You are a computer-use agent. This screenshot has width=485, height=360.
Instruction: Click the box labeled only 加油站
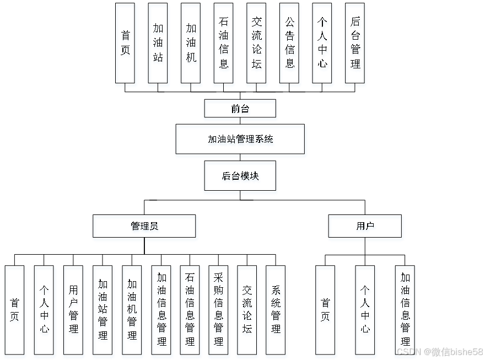pos(158,45)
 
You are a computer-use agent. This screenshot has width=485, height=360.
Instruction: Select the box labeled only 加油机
pos(191,45)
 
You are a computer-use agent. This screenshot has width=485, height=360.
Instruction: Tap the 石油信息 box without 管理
pos(224,45)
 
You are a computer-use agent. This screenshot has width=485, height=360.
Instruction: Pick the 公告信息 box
pos(290,45)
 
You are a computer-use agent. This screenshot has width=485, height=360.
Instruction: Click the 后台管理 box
pos(355,45)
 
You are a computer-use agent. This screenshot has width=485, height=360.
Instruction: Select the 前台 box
pos(241,110)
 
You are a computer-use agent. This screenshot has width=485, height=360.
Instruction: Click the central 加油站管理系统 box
pos(241,141)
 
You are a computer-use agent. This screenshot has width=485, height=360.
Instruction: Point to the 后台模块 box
pos(241,178)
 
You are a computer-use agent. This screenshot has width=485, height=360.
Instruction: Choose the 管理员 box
pos(145,228)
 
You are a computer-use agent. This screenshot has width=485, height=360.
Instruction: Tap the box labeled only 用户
pos(366,228)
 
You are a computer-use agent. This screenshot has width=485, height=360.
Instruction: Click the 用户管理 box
pos(73,311)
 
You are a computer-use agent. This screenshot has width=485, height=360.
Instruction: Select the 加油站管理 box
pos(103,311)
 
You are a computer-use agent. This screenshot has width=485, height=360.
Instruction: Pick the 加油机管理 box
pos(132,311)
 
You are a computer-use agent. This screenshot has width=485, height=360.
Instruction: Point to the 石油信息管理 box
pos(191,311)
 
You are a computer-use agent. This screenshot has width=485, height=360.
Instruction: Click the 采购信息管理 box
pos(219,311)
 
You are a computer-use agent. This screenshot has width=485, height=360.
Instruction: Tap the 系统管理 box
pos(277,311)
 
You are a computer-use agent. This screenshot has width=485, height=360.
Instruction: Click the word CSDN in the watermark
pos(408,351)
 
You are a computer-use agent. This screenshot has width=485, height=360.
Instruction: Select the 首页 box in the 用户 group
pos(326,311)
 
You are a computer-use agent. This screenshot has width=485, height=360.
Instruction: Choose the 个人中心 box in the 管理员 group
pos(45,311)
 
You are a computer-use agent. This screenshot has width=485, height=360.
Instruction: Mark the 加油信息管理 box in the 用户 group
pos(405,311)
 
